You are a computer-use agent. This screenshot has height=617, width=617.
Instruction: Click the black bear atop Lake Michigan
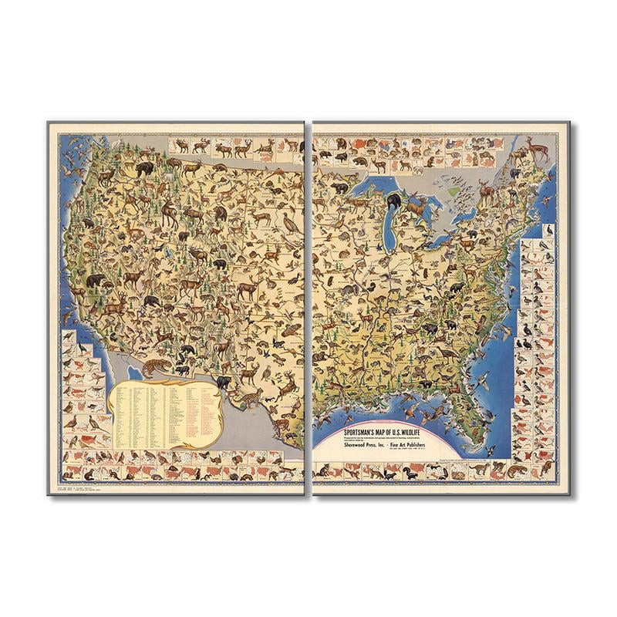[x=394, y=203]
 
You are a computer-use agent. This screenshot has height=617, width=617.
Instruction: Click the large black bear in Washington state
[x=143, y=167]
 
